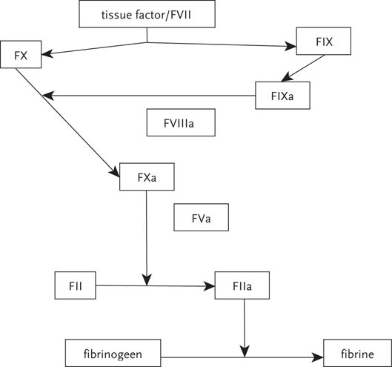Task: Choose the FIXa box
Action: pos(281,96)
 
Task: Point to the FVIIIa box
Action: pos(179,122)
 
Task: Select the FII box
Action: pos(76,285)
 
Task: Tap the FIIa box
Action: pos(238,285)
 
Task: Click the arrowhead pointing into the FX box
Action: pos(47,53)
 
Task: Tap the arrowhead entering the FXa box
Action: pos(116,173)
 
